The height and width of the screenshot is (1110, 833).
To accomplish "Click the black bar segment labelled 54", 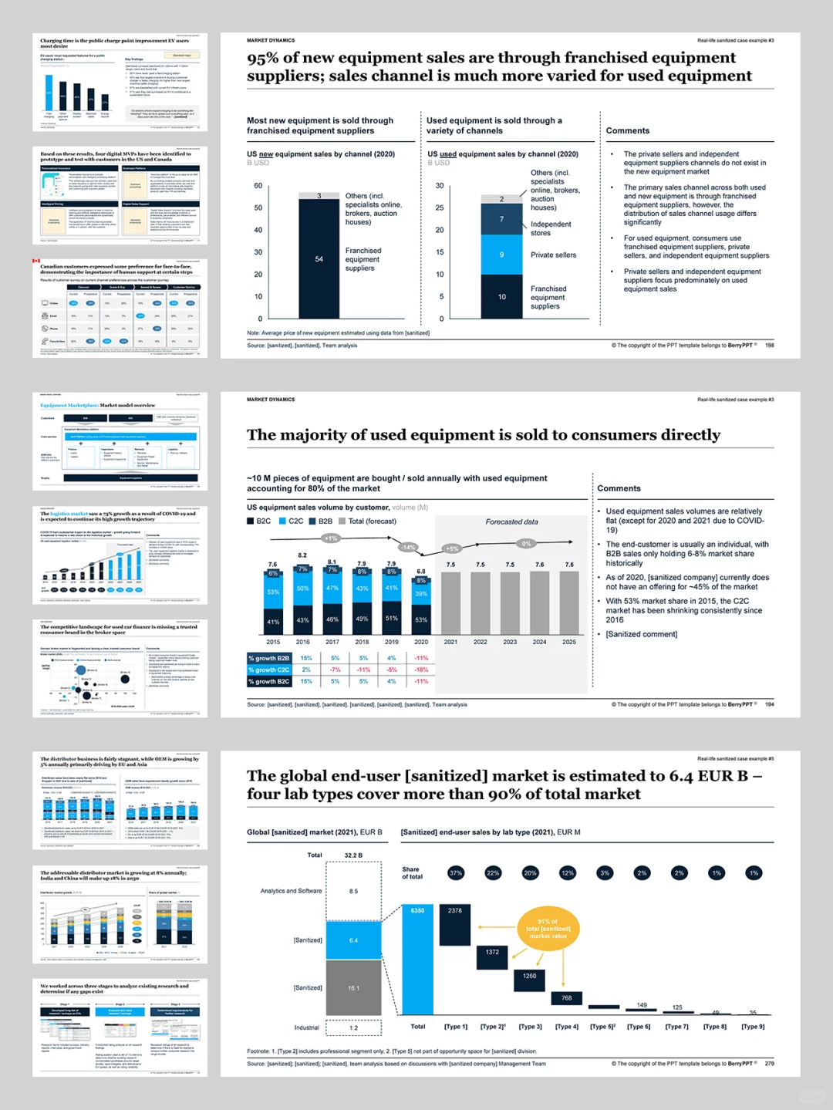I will pos(319,259).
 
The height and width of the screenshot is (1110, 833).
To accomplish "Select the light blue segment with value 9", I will pos(501,255).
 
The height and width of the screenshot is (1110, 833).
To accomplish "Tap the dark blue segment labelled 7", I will pos(501,219).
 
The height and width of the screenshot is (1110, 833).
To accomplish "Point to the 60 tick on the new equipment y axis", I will pos(258,186).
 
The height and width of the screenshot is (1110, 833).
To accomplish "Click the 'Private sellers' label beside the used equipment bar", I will pos(553,255).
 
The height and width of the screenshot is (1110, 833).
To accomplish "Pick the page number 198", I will pos(769,346).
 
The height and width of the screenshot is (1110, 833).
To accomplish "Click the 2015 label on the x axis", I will pos(273,642).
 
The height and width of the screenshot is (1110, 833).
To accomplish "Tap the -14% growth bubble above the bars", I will pos(408,548).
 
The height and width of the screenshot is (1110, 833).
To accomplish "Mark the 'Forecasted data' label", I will pos(511,522).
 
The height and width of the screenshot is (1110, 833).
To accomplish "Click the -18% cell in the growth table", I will pos(421,670).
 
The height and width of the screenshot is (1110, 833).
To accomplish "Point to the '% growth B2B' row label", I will pos(269,659).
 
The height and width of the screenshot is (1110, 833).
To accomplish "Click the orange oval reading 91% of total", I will pos(548,929).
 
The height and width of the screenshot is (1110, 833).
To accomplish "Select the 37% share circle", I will pos(456,873).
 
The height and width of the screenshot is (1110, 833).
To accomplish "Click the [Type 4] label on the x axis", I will pos(566,1027).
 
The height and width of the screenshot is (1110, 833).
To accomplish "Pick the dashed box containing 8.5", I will pos(353,891).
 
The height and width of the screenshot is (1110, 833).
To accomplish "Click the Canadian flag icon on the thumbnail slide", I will pos(36,261).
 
